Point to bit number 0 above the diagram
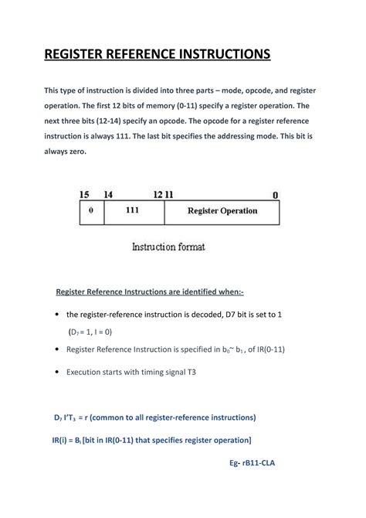[276, 195]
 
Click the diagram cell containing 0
[91, 211]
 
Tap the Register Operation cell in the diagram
[222, 211]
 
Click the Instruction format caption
[168, 247]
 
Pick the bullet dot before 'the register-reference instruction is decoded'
[59, 315]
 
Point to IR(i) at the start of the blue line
[51, 440]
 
